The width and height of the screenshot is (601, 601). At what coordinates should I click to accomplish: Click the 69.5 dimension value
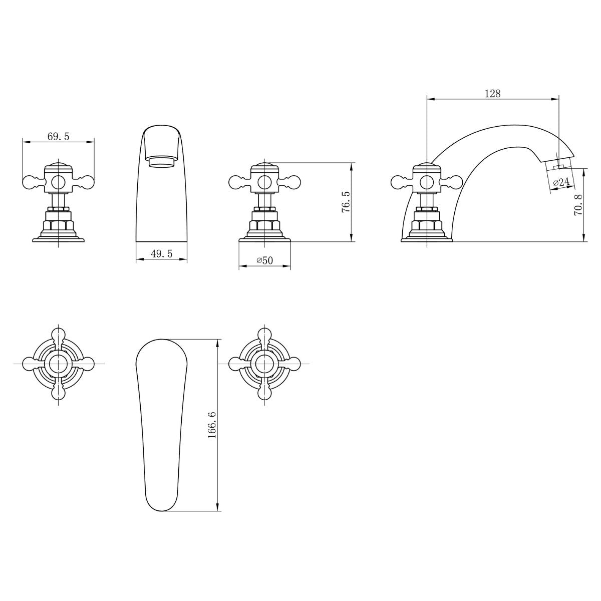click(x=58, y=136)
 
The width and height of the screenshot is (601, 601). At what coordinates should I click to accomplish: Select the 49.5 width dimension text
click(x=161, y=254)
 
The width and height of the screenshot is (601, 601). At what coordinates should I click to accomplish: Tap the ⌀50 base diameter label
click(x=264, y=260)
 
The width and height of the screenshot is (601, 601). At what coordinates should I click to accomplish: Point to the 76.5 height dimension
click(x=345, y=202)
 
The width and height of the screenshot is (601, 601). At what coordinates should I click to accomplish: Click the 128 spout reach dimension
click(x=492, y=93)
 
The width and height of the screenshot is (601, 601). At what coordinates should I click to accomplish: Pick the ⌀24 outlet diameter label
click(x=561, y=182)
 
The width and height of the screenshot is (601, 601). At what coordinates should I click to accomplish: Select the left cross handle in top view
click(x=59, y=363)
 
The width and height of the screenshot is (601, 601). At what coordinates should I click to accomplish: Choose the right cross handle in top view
click(x=264, y=363)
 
